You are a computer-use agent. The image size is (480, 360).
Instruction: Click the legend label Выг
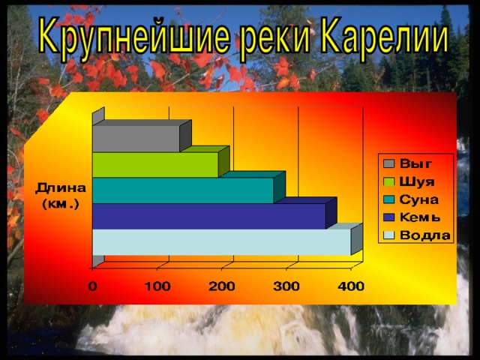(415, 164)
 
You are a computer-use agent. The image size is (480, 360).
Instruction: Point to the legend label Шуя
(417, 181)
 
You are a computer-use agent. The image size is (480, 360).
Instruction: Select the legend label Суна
(418, 199)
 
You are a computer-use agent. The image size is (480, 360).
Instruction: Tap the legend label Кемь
(420, 217)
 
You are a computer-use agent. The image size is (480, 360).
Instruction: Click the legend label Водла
(425, 235)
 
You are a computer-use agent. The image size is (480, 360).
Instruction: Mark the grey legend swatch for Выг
(388, 164)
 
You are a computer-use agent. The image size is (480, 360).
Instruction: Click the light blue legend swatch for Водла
(388, 235)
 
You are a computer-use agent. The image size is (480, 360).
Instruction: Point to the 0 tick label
(93, 286)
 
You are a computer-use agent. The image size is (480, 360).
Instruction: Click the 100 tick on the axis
(157, 286)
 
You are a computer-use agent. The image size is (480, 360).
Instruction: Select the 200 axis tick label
(222, 286)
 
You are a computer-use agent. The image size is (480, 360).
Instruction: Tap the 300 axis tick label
(286, 286)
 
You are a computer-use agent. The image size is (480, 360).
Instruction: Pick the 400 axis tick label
(351, 286)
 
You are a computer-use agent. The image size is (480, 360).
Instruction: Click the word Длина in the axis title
(61, 188)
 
